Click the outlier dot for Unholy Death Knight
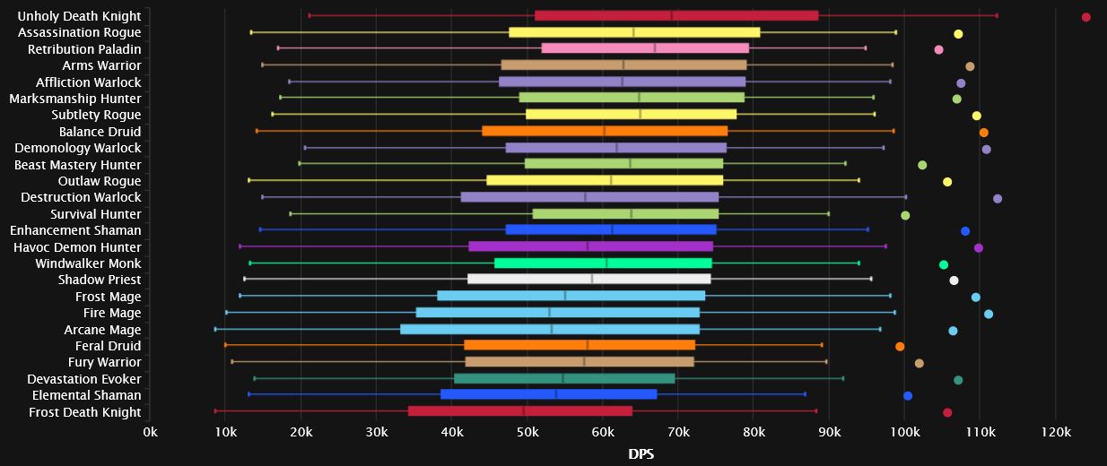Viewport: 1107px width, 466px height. (1085, 17)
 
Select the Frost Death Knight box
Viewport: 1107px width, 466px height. (519, 411)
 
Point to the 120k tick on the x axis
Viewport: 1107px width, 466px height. (1056, 433)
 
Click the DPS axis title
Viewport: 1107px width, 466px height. (641, 454)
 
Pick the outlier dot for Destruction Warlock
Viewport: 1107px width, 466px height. (998, 198)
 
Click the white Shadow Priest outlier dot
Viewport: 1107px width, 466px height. (954, 280)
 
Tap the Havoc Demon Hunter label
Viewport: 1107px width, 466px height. (77, 247)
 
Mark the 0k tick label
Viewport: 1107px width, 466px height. (151, 433)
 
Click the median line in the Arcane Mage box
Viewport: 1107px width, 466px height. (552, 329)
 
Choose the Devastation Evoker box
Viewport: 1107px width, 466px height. (564, 378)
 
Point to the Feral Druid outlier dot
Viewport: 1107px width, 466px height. (900, 346)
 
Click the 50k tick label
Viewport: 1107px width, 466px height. (528, 433)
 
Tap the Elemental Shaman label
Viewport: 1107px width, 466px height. (86, 395)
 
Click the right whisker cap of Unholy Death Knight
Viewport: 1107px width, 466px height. (997, 15)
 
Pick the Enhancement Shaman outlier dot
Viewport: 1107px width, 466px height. (965, 231)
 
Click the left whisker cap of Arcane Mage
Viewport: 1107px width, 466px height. (215, 329)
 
